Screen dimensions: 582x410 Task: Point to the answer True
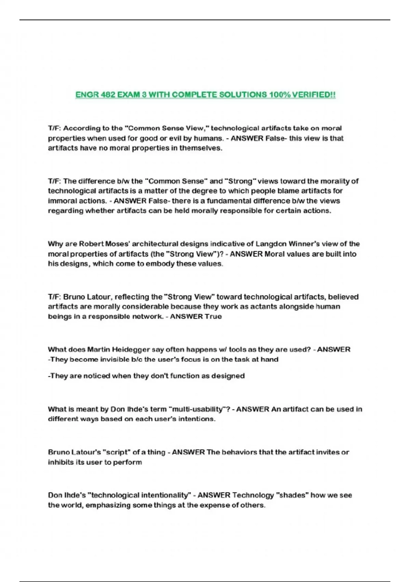coord(213,316)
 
